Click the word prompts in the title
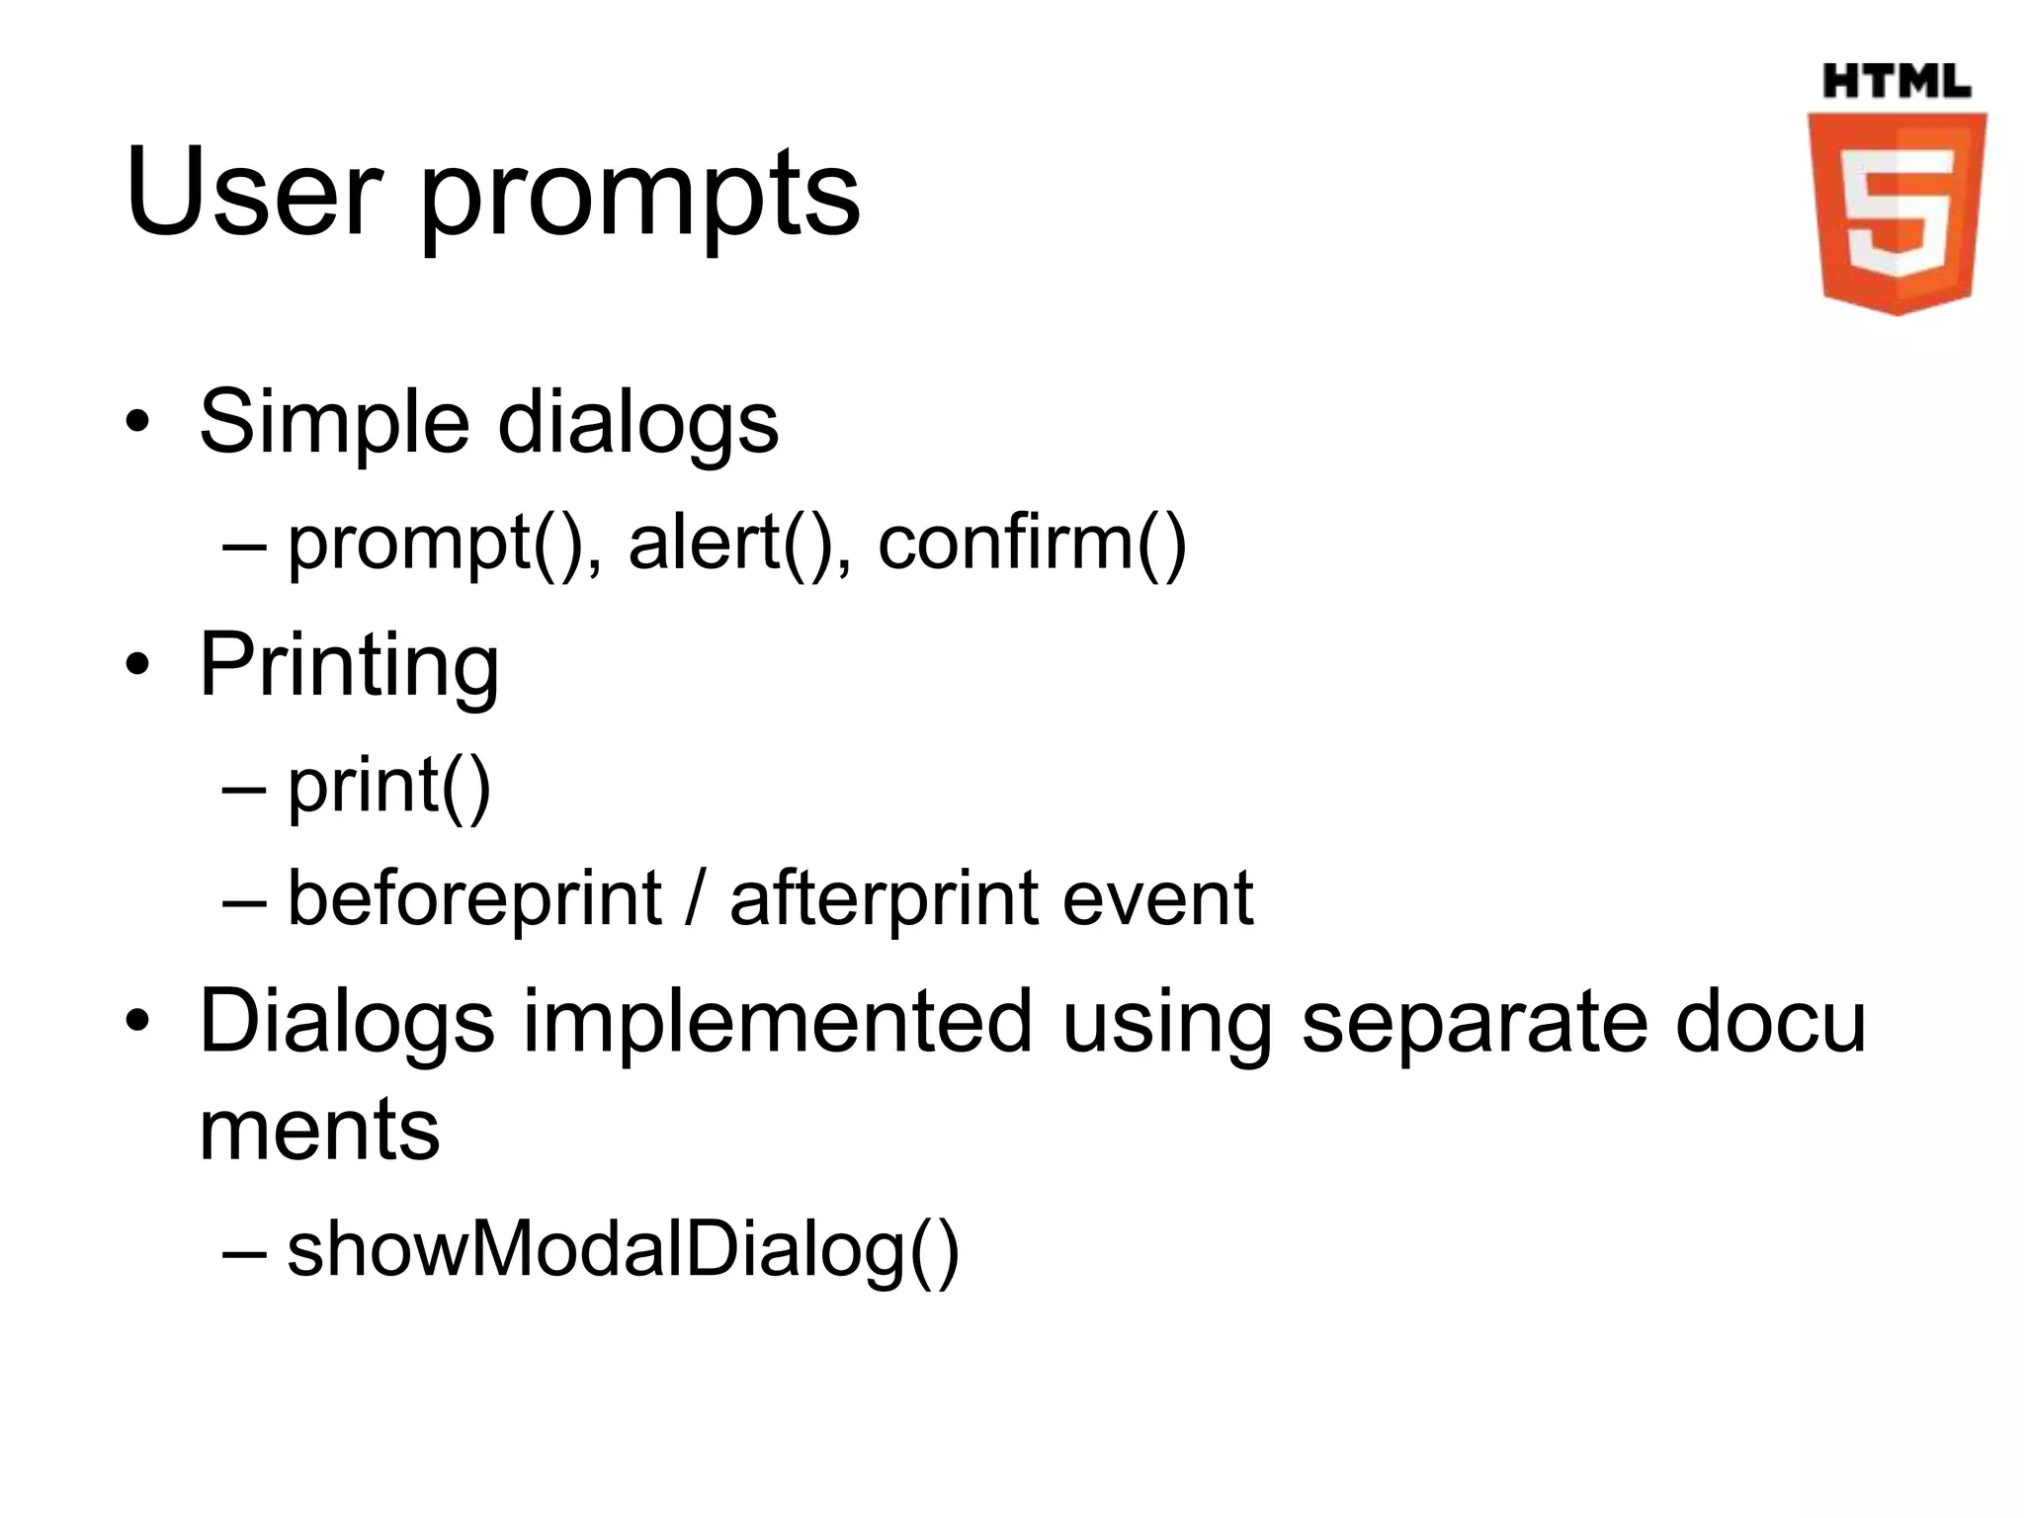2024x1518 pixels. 639,198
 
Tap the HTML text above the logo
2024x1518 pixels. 1896,81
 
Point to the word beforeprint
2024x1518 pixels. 474,899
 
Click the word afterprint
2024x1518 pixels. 883,899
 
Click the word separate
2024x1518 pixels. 1473,1024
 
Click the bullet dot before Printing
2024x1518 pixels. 137,666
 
